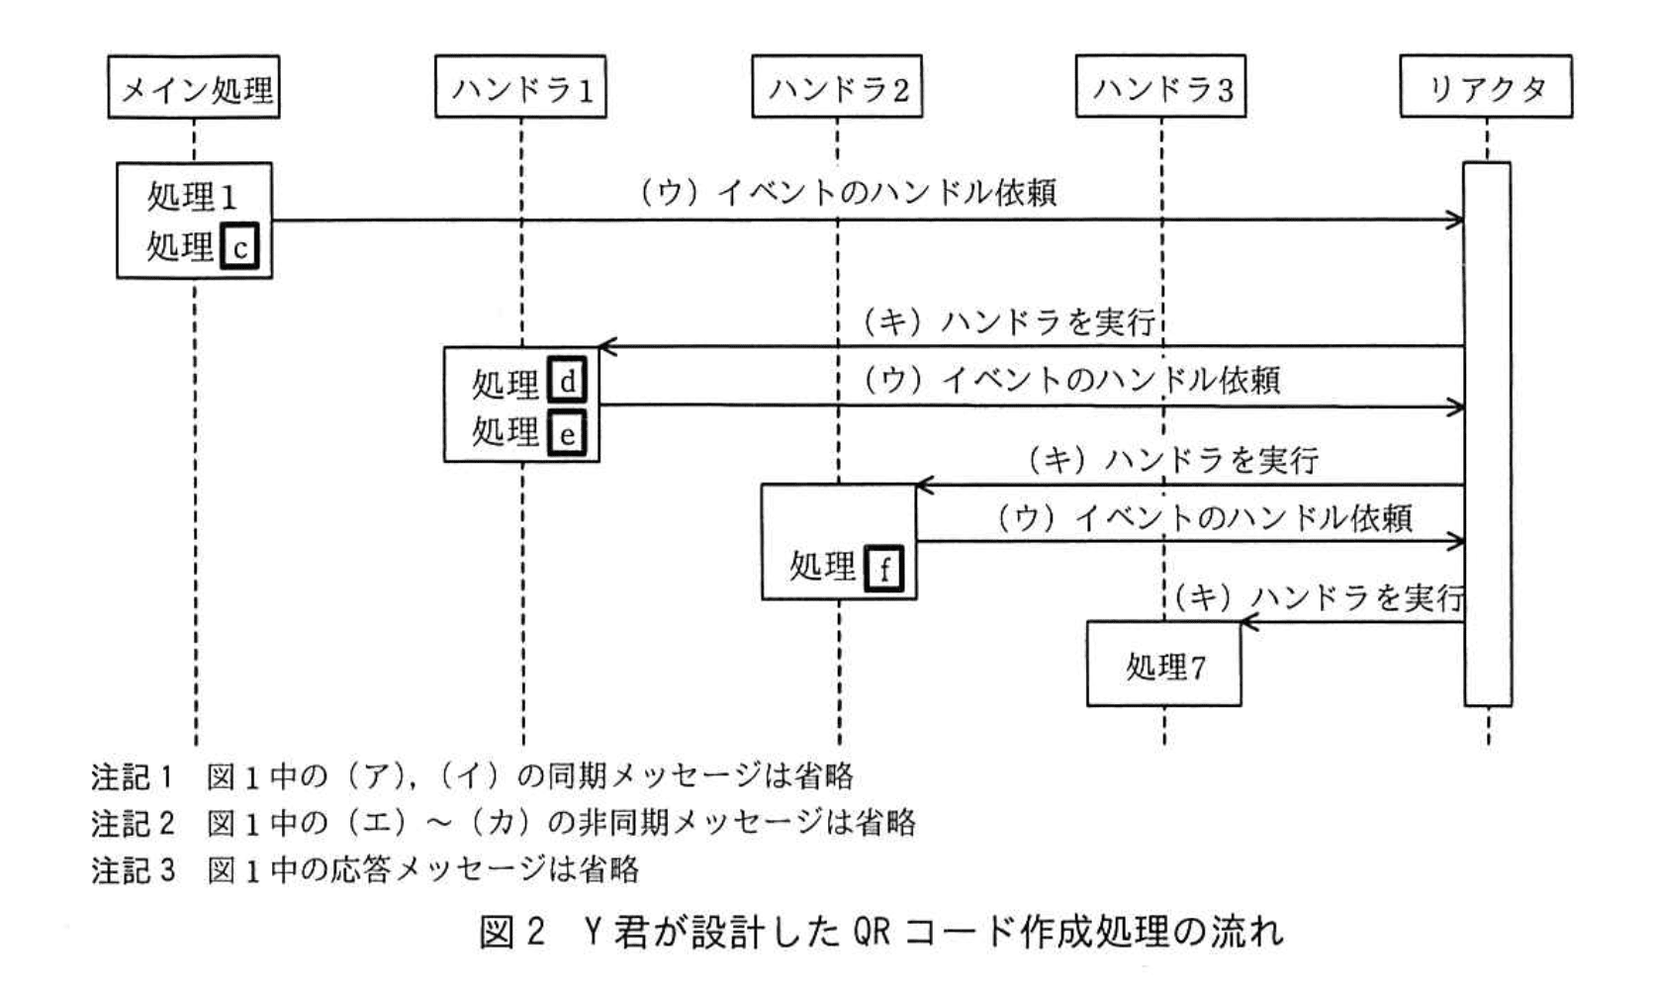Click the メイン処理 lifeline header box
[194, 88]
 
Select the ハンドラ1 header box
[520, 88]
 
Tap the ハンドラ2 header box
[837, 88]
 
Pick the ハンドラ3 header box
[1161, 88]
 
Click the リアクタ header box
[1486, 88]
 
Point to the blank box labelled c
[240, 247]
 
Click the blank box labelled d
[567, 381]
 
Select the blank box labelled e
[567, 433]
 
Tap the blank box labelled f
[883, 568]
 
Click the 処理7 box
[1164, 665]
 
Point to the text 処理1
[192, 197]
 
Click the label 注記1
[132, 777]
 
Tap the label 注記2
[132, 823]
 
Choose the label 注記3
[132, 870]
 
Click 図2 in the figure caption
[512, 932]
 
